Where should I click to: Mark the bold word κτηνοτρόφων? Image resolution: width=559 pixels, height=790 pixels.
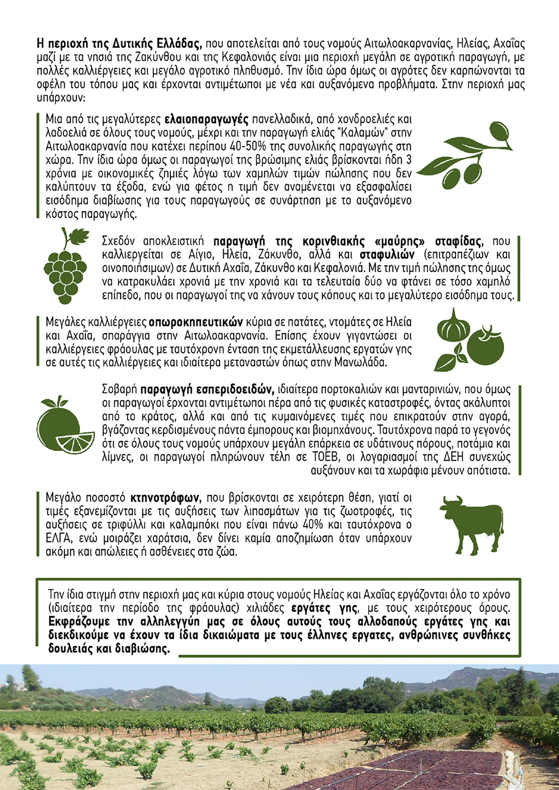point(165,497)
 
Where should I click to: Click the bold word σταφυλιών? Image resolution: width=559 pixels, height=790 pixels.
point(387,255)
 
